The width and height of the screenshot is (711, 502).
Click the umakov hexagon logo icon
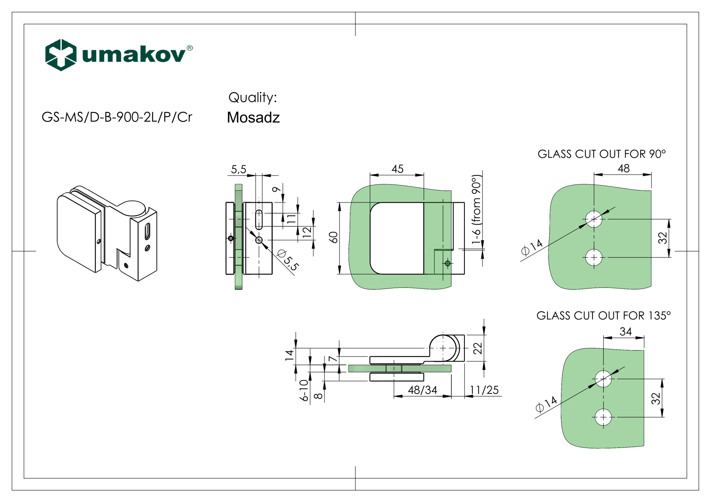click(x=61, y=55)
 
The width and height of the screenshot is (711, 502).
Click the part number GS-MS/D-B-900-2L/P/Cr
click(x=117, y=117)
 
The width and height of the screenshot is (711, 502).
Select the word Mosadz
click(x=253, y=118)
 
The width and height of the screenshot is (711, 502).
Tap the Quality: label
click(x=253, y=98)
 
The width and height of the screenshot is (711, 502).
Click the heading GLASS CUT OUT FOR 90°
click(x=601, y=154)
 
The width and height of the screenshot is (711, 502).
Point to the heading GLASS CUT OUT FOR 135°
click(x=603, y=316)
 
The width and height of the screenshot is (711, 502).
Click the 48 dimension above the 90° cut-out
click(x=624, y=169)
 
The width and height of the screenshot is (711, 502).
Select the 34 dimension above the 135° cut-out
click(x=625, y=332)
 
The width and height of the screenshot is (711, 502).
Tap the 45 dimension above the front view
click(x=397, y=169)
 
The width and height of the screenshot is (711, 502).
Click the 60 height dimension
click(x=334, y=237)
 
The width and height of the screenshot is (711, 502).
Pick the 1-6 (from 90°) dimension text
click(x=476, y=210)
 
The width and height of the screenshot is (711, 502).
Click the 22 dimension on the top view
click(x=478, y=348)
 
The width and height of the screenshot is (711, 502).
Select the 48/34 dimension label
click(x=423, y=390)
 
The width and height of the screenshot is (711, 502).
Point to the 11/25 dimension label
click(x=484, y=390)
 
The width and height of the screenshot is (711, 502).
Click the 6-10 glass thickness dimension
click(x=304, y=390)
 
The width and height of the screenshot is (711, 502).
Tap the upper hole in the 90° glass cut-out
click(x=594, y=219)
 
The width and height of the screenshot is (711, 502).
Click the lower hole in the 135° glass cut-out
click(x=603, y=417)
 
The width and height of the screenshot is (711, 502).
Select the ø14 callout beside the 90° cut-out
click(x=532, y=248)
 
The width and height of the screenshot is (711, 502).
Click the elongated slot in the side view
click(x=259, y=220)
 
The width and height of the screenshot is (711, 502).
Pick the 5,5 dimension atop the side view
click(x=238, y=170)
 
